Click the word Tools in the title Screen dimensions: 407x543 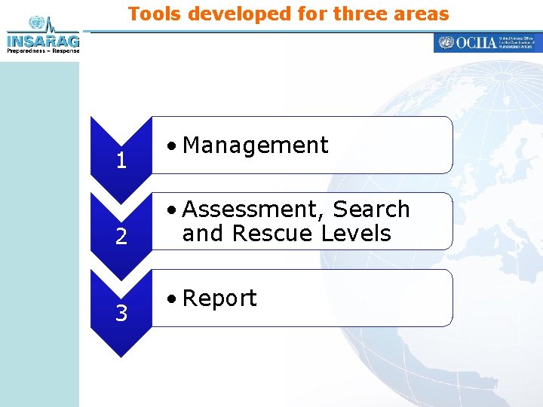coord(157,14)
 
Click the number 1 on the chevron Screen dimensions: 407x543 coord(121,161)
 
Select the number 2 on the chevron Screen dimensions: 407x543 coord(121,237)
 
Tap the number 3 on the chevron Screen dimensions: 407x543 coord(121,313)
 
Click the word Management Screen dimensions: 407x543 coord(255,145)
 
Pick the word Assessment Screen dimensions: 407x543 coord(253,209)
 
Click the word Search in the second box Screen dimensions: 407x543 coord(371,209)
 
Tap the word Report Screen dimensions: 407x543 coord(219,298)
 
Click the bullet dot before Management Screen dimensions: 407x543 coord(173,146)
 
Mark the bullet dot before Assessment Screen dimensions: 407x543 coord(173,210)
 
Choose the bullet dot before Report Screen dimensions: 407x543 coord(173,299)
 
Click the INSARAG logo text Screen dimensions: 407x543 coord(42,41)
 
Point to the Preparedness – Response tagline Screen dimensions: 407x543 coord(42,51)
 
